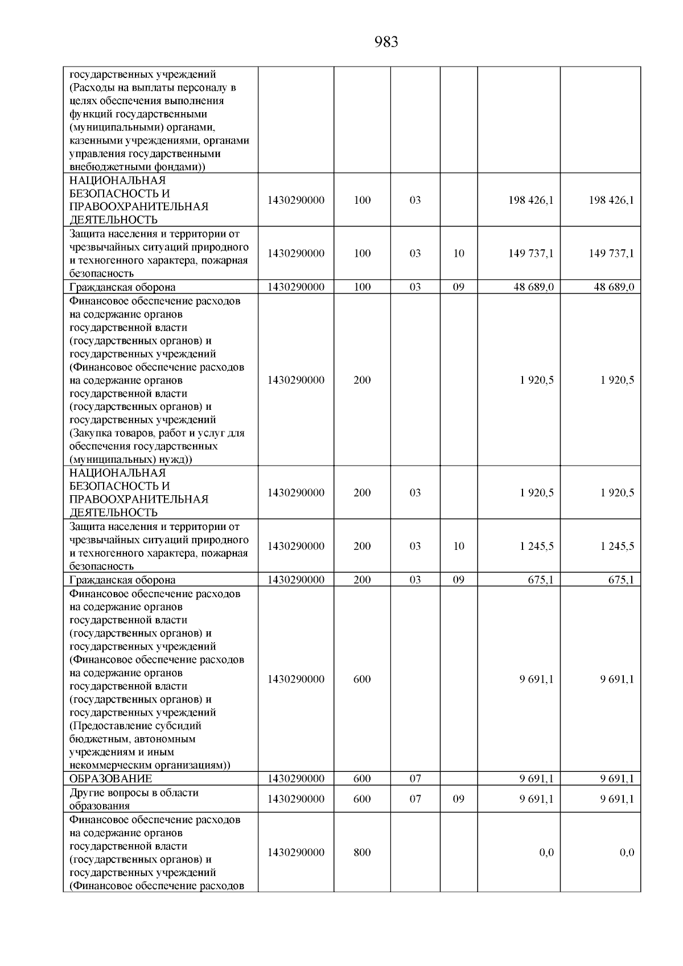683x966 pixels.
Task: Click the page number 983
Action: [386, 42]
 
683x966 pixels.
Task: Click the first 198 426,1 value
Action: [530, 200]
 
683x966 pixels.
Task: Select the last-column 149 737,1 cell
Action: [611, 253]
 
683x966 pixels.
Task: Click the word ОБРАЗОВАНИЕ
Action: [110, 778]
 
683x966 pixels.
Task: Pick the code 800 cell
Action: [362, 852]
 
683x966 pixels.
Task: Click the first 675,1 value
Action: [541, 579]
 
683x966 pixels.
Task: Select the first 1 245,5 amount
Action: [536, 546]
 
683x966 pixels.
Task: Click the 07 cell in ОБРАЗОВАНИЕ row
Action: [415, 778]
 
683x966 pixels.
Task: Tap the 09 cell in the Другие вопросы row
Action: [459, 799]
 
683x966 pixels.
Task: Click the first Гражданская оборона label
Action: [122, 287]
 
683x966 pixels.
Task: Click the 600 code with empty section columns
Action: [362, 679]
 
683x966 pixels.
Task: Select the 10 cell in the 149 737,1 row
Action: [459, 253]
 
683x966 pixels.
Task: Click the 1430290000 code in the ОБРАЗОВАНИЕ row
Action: [296, 778]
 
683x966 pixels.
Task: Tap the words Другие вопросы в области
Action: [134, 792]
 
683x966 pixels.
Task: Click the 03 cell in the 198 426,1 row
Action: [415, 200]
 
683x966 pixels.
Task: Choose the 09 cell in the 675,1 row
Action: [459, 579]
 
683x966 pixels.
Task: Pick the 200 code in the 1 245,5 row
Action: [362, 546]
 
